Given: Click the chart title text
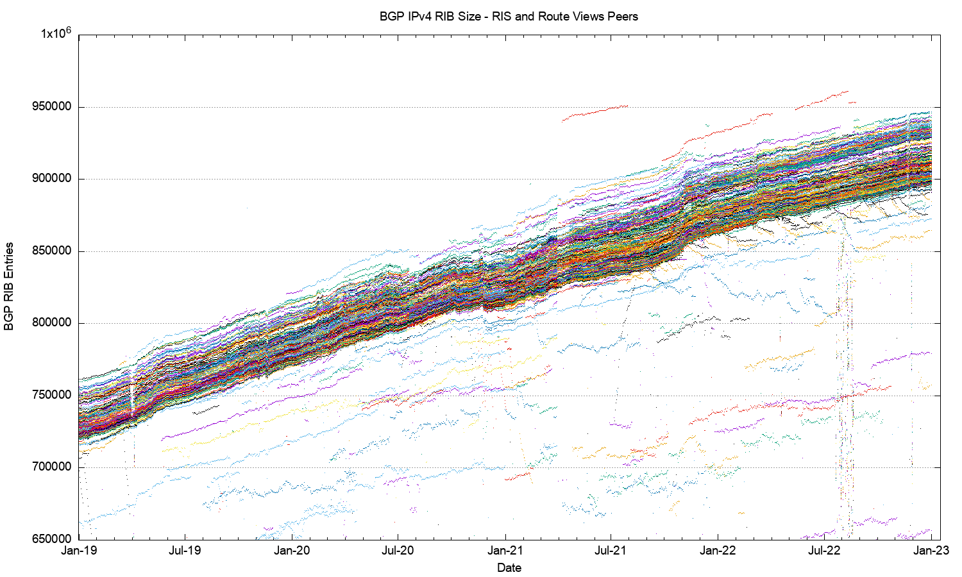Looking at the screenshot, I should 509,17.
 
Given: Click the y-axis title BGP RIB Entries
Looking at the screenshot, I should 9,287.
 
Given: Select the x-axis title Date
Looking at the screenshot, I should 509,567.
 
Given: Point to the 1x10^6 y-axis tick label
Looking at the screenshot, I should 56,34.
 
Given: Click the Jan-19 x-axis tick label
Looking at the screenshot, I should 79,551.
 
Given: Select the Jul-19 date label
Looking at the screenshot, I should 185,551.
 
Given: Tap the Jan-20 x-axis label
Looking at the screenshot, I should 292,551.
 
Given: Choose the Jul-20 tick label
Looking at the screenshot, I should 398,551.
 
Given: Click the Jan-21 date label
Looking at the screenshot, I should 505,551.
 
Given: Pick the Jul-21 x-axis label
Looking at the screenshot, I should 611,551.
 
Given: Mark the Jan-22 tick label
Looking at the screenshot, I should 718,551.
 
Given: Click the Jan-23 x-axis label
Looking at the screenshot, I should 931,551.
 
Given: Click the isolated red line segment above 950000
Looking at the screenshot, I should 827,96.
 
